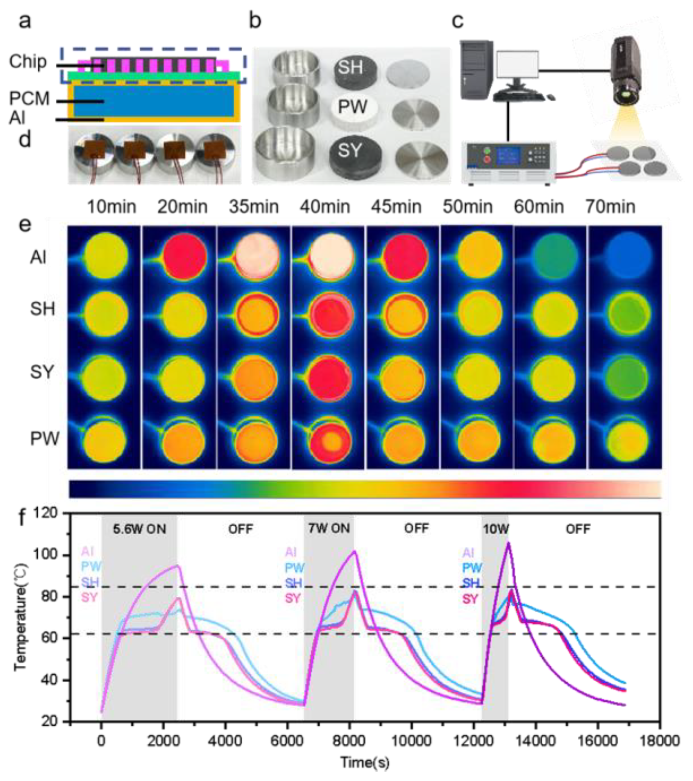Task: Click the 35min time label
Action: click(254, 207)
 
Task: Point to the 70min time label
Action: click(610, 207)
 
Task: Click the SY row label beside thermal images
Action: click(42, 372)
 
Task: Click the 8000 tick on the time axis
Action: click(349, 741)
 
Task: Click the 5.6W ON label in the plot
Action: click(139, 529)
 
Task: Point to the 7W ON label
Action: click(329, 529)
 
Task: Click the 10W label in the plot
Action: click(496, 529)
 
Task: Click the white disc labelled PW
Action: click(352, 108)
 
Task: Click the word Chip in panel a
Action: click(28, 62)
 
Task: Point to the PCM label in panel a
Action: click(29, 99)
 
